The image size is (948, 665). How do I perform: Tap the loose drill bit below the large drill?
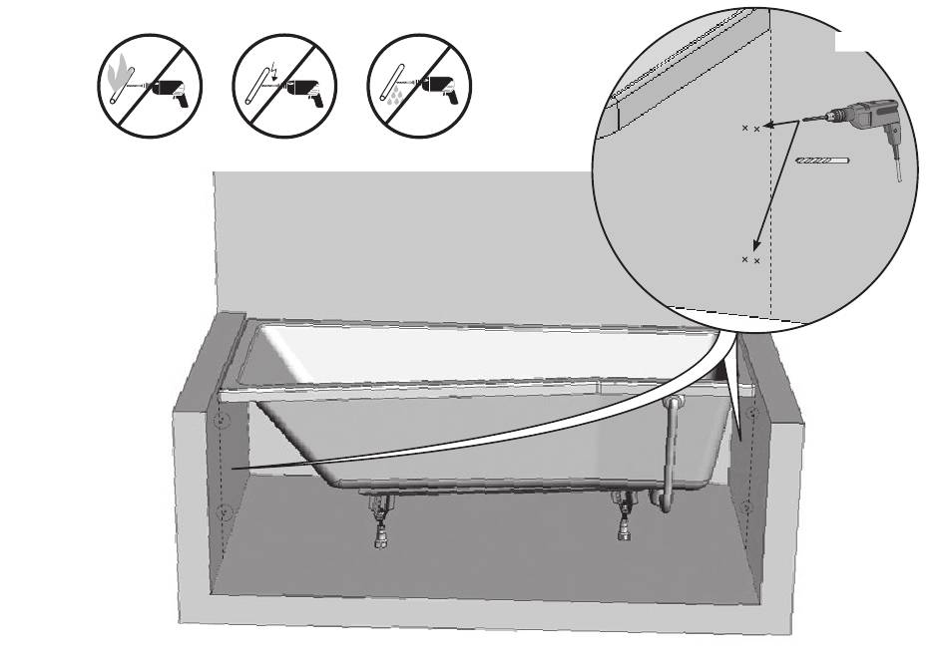(x=818, y=161)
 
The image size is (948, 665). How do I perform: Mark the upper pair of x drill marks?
(x=750, y=129)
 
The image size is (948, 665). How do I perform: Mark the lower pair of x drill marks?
(x=750, y=260)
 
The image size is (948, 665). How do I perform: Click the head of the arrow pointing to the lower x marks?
(x=757, y=250)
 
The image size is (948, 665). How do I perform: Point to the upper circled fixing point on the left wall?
(x=224, y=420)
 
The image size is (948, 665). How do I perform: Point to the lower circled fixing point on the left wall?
(x=225, y=513)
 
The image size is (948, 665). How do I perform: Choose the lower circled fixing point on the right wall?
(x=746, y=507)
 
